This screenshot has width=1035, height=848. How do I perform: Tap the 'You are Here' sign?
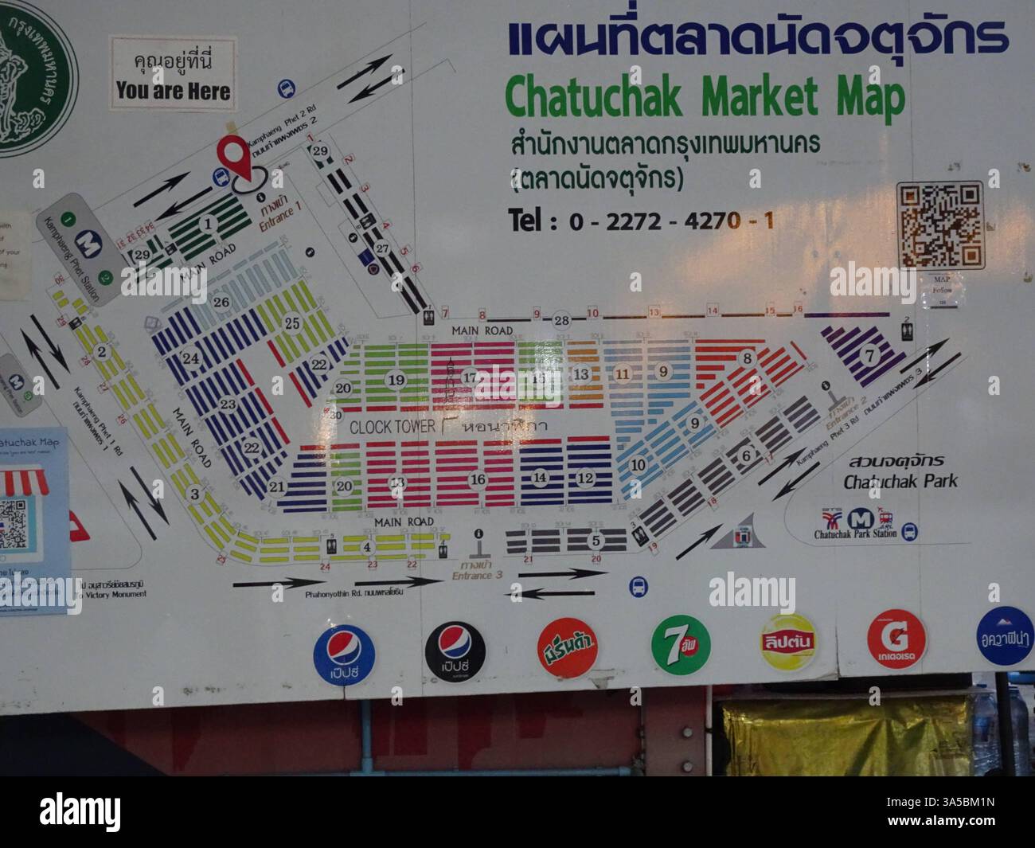click(173, 73)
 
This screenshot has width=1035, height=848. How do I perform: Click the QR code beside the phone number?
click(940, 225)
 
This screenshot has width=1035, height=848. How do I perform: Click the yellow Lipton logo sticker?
click(788, 641)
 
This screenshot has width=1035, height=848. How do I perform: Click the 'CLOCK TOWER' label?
click(393, 427)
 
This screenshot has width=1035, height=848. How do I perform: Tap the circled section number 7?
click(869, 354)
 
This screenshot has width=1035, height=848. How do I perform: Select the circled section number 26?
click(221, 302)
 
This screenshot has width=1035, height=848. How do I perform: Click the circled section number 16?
click(478, 479)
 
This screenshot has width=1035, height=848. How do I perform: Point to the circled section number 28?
click(563, 320)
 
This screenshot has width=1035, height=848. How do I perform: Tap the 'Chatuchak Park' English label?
click(900, 481)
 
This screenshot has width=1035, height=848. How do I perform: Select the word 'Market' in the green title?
click(760, 96)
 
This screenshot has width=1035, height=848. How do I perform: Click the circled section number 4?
click(367, 547)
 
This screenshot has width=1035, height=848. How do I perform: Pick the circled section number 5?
click(596, 541)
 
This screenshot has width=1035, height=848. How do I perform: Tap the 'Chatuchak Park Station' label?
click(855, 533)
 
